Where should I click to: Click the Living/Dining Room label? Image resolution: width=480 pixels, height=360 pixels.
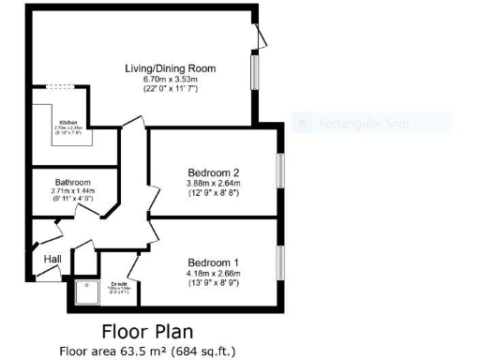172,68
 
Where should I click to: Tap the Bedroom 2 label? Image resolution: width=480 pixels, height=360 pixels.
214,172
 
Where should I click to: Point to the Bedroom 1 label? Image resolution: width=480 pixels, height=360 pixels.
214,262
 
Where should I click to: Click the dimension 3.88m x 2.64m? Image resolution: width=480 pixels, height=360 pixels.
214,184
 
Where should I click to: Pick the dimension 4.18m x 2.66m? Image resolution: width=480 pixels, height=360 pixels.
214,273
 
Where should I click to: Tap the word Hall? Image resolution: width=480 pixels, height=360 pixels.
52,258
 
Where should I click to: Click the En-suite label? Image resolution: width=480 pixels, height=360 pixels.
120,281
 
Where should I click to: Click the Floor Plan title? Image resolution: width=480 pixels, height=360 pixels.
148,332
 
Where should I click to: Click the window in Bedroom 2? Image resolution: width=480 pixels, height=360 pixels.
279,172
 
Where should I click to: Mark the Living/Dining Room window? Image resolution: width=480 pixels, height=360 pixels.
255,73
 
